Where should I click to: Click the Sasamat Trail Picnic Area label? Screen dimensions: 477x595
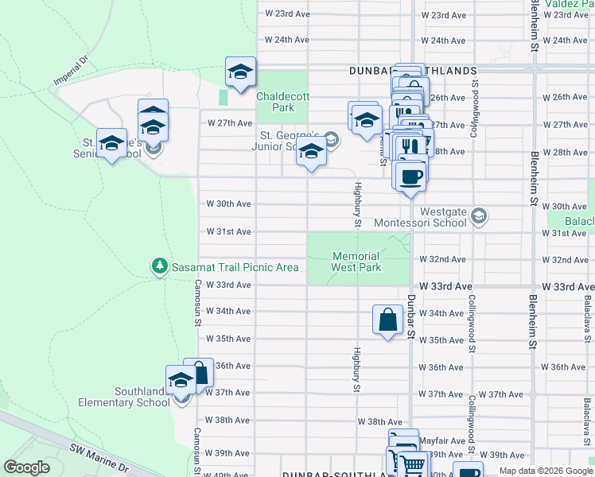235,268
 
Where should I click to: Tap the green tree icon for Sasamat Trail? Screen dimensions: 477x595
160,265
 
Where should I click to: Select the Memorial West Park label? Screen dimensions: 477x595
356,262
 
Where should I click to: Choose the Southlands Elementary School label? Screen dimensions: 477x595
124,397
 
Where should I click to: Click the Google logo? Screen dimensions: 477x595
27,467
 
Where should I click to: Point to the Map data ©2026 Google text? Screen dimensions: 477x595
546,471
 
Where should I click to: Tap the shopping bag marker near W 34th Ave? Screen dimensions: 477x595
387,320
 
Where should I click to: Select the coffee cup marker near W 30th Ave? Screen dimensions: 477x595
410,175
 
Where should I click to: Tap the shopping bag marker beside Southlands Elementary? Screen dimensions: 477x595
200,373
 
